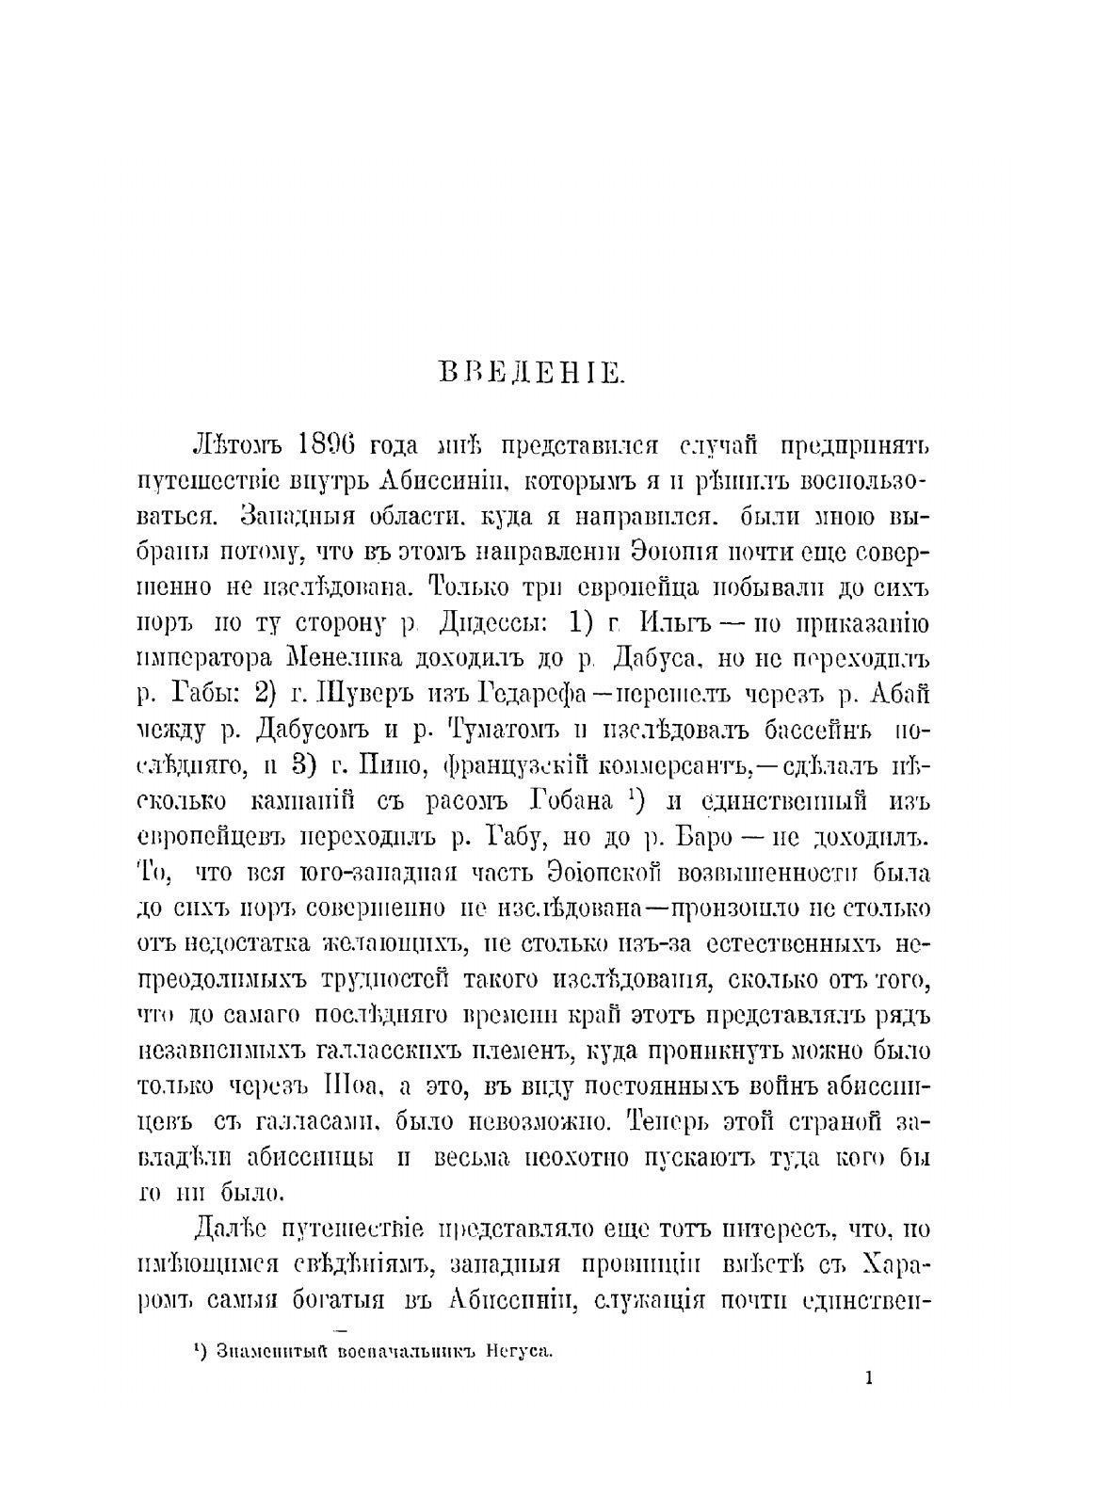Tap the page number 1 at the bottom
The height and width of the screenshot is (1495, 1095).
(x=868, y=1377)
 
